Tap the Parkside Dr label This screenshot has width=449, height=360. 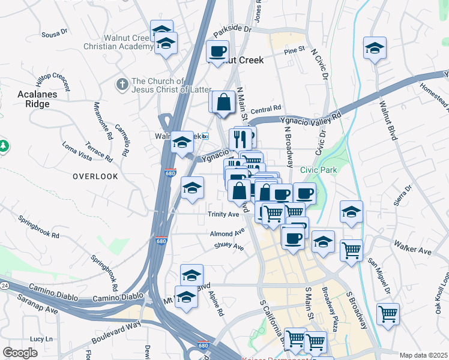pyautogui.click(x=232, y=28)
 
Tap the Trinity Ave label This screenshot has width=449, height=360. pyautogui.click(x=223, y=214)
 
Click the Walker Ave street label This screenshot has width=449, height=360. pyautogui.click(x=412, y=247)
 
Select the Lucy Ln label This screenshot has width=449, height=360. pyautogui.click(x=41, y=339)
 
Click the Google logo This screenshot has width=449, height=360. pyautogui.click(x=20, y=353)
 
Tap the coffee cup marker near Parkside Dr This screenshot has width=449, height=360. pyautogui.click(x=217, y=51)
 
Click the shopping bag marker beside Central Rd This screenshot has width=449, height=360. pyautogui.click(x=223, y=101)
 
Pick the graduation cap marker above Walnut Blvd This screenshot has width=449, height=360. pyautogui.click(x=375, y=48)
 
